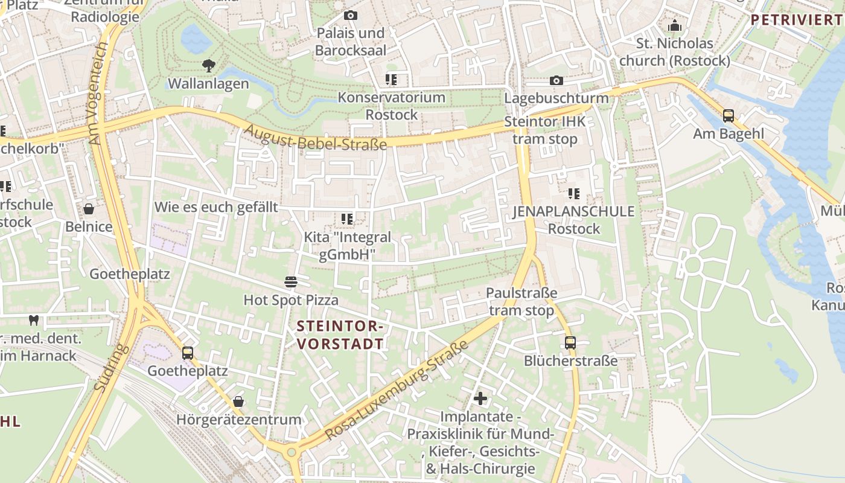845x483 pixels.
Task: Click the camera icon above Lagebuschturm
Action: [556, 81]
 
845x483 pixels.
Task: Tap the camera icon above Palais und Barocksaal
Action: [350, 16]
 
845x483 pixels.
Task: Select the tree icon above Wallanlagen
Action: [208, 66]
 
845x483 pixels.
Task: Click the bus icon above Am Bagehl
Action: [729, 116]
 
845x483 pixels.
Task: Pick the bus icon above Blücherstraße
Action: [570, 343]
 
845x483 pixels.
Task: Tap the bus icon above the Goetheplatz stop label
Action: [188, 353]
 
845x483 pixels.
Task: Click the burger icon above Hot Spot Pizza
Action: [291, 282]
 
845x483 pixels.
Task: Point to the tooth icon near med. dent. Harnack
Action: [34, 321]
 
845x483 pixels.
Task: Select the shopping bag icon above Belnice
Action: [89, 210]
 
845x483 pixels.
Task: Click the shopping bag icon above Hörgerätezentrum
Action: [238, 401]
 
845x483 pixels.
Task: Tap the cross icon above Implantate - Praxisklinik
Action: [480, 398]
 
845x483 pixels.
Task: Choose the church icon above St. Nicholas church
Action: [674, 26]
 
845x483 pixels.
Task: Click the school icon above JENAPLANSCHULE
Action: [573, 194]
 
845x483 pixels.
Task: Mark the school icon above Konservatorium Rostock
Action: [391, 80]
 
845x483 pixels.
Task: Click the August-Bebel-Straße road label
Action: [316, 137]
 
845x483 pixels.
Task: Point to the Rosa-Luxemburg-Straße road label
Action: [397, 391]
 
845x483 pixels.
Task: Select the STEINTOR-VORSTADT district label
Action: [340, 335]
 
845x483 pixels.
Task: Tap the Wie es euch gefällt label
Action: [216, 207]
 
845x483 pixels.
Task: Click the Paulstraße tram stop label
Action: [521, 302]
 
